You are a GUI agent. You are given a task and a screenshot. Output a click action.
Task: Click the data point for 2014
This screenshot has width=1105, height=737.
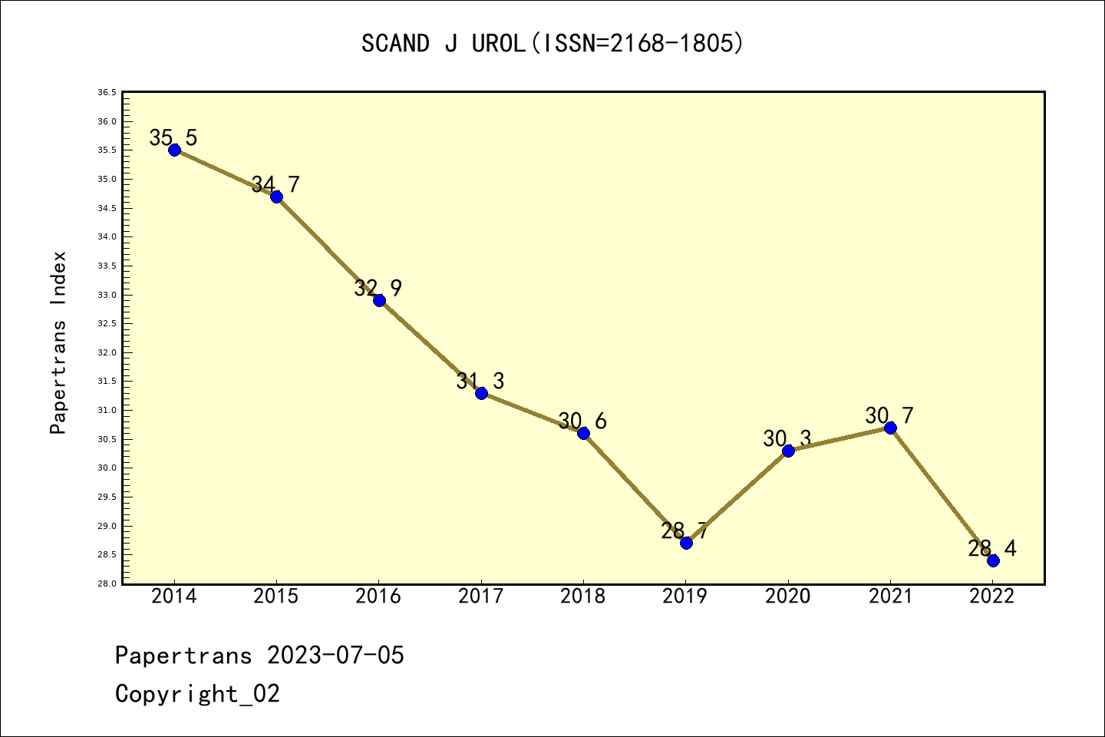(174, 150)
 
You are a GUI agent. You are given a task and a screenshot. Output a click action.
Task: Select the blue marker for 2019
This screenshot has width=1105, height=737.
(686, 543)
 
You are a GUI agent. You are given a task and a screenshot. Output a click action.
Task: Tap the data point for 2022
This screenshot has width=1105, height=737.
(993, 560)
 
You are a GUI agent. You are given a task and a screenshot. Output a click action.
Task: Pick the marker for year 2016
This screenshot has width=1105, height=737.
(379, 300)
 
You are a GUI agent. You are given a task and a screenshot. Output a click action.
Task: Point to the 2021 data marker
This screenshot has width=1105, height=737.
(890, 428)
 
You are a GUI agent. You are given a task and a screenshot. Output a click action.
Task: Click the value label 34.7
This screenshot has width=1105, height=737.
(275, 184)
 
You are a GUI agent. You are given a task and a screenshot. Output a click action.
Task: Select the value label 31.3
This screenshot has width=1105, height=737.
(480, 381)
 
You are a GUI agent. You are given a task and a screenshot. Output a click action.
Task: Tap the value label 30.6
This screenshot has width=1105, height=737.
(582, 421)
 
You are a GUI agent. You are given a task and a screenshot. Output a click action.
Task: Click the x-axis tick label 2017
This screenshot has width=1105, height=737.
(481, 597)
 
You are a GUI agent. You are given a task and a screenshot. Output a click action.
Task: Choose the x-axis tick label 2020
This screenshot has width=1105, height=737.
(788, 597)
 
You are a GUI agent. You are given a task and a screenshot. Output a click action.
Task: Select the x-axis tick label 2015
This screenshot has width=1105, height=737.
(276, 597)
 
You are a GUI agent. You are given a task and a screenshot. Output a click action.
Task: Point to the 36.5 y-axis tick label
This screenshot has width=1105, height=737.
(107, 93)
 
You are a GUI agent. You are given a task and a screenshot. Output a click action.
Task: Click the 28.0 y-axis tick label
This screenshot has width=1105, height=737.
(107, 583)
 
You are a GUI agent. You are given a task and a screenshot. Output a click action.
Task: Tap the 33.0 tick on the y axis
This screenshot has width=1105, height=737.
(107, 295)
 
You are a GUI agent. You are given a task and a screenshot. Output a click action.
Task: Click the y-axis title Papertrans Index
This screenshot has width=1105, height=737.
(58, 342)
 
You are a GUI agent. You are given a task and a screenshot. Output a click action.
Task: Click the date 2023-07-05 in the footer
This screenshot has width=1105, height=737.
(335, 656)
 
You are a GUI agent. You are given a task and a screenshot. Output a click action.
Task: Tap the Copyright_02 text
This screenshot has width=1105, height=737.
(197, 694)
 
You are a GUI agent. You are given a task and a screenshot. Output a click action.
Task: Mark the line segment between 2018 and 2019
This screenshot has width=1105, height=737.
(635, 487)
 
